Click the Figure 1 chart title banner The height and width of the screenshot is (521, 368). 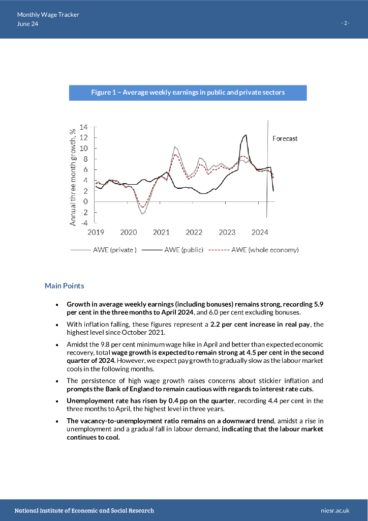tap(188, 93)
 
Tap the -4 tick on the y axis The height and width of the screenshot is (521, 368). tap(83, 222)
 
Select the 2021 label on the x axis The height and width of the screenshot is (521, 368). tap(161, 233)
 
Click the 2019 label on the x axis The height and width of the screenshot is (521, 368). tap(96, 233)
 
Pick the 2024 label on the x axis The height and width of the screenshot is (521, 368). tap(260, 233)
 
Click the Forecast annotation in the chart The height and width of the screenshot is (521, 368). tap(285, 138)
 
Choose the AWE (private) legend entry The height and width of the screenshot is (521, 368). tap(114, 250)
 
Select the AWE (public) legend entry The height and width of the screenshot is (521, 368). tap(183, 250)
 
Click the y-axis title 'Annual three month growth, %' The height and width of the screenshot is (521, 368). tap(73, 177)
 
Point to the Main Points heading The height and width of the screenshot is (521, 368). tap(65, 286)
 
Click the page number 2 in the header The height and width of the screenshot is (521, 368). tap(346, 23)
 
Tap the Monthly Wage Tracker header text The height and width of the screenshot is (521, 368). tap(48, 15)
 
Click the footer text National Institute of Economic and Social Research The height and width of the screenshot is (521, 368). tap(84, 510)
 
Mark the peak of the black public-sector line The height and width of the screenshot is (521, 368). tap(246, 135)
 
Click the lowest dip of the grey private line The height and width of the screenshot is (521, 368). tap(143, 214)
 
